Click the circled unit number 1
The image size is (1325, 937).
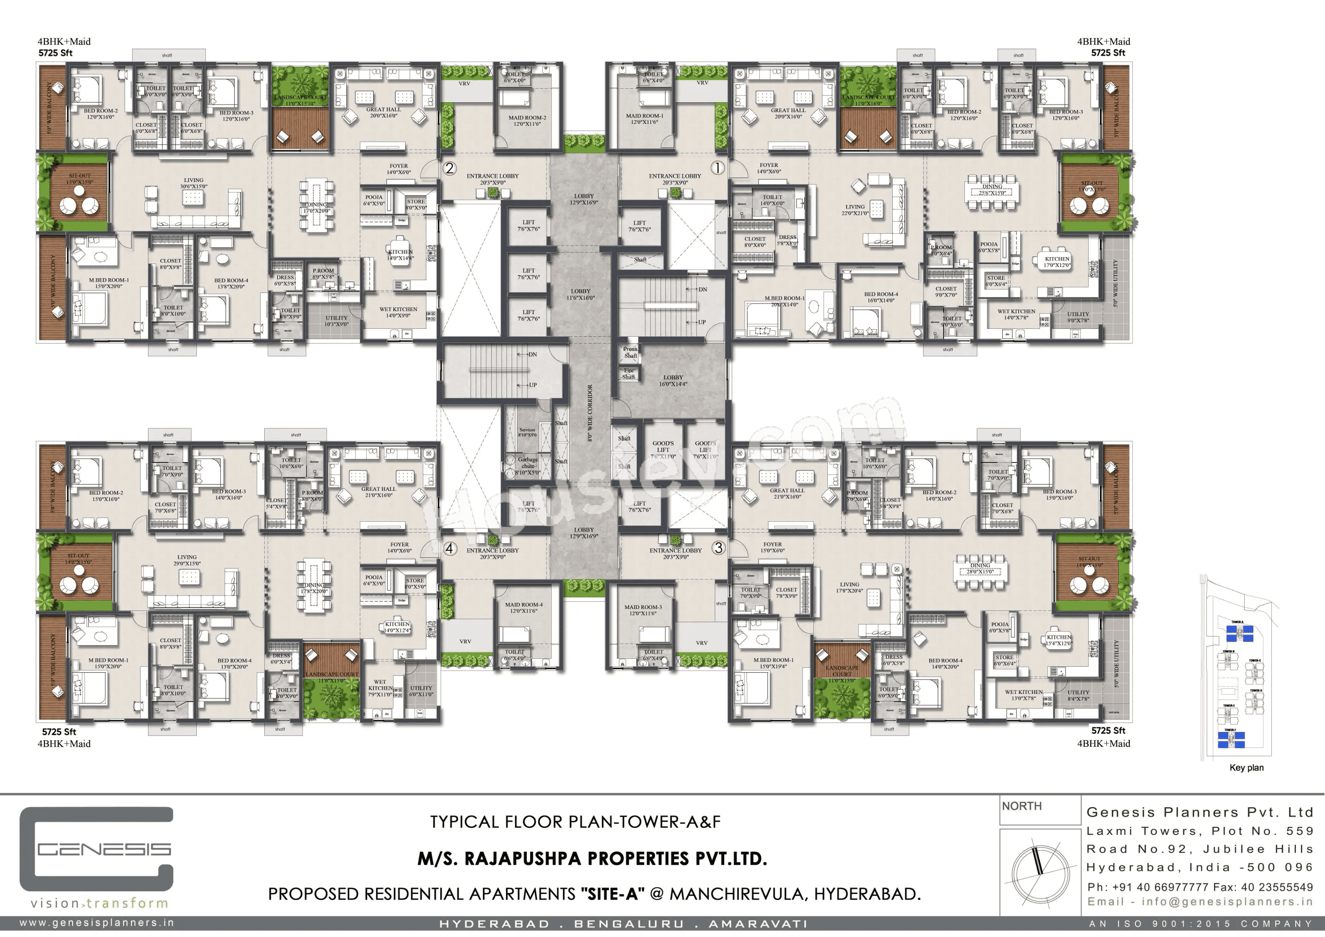[717, 168]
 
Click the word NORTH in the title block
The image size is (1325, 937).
[1022, 806]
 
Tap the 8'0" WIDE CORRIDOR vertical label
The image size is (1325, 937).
[590, 413]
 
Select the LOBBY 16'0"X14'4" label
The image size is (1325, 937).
[673, 380]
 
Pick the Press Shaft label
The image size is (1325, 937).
[630, 352]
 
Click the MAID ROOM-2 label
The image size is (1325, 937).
[526, 121]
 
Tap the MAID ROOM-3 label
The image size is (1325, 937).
[643, 610]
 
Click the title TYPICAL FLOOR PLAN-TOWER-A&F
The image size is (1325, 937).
[575, 822]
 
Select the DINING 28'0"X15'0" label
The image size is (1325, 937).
[979, 568]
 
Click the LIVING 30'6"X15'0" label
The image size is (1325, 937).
[193, 183]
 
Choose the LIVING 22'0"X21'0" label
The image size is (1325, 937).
[855, 209]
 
